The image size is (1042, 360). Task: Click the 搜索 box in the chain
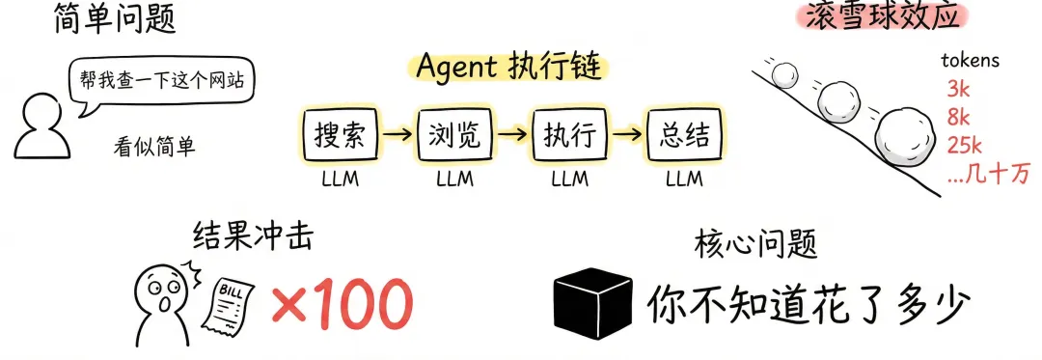(x=341, y=135)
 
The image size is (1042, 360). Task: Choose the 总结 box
(x=685, y=135)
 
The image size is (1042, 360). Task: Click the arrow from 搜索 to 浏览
(x=398, y=135)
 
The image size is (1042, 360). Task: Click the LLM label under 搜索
(x=341, y=179)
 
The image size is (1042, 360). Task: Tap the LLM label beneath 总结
(x=684, y=179)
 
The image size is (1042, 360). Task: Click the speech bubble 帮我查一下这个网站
(x=161, y=83)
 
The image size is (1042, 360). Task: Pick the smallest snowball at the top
(x=786, y=75)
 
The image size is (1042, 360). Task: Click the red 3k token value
(x=960, y=89)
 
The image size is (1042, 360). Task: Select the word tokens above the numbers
(x=971, y=61)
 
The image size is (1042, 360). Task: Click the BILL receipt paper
(x=233, y=302)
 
